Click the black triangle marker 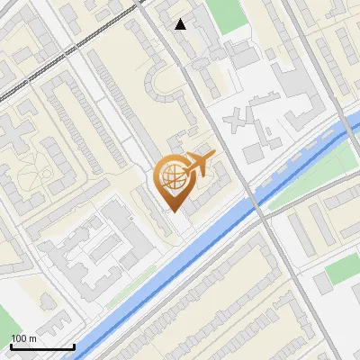[x=181, y=24]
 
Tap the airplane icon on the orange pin [x=198, y=165]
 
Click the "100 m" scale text [x=23, y=338]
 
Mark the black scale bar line [x=42, y=346]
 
